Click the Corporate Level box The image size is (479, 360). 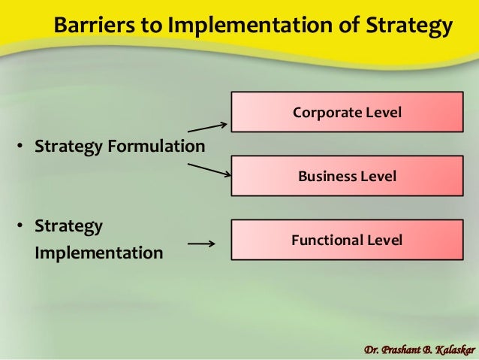pyautogui.click(x=347, y=112)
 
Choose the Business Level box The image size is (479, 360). pyautogui.click(x=347, y=177)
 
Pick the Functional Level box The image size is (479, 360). pyautogui.click(x=347, y=241)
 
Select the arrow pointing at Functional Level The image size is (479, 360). pyautogui.click(x=201, y=244)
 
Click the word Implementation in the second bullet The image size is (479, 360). pyautogui.click(x=98, y=253)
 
